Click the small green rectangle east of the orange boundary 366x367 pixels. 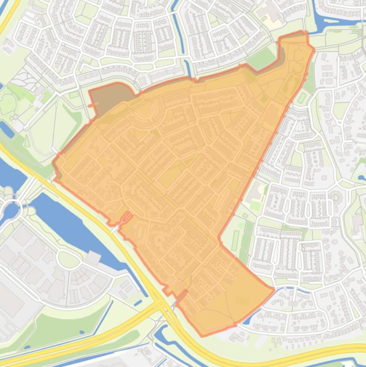[x=302, y=97]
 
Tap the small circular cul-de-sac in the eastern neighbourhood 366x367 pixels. [x=336, y=196]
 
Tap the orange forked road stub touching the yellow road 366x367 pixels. [x=126, y=218]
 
